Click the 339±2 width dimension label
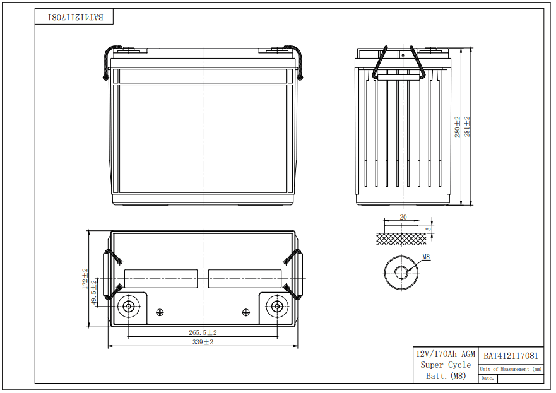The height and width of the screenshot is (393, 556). (x=203, y=342)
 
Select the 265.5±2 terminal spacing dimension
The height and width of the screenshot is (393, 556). (x=203, y=332)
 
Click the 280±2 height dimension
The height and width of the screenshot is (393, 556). (x=458, y=127)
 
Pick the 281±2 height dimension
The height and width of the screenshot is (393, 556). (x=468, y=127)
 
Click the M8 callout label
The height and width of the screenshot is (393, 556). (x=426, y=257)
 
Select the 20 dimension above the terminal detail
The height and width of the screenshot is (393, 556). (x=403, y=217)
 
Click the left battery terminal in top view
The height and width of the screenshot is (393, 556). (x=129, y=307)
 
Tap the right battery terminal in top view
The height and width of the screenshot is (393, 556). (x=276, y=307)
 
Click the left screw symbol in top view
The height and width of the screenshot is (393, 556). (x=160, y=312)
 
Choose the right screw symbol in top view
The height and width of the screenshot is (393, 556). (x=246, y=312)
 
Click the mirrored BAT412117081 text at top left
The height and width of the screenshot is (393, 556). (x=74, y=17)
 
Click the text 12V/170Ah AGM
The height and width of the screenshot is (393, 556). (x=445, y=355)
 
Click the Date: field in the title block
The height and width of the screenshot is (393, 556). (x=487, y=378)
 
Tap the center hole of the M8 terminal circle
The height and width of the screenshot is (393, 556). (x=401, y=273)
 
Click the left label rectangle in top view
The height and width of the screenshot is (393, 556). (x=161, y=278)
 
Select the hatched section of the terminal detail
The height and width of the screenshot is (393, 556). (x=403, y=238)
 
